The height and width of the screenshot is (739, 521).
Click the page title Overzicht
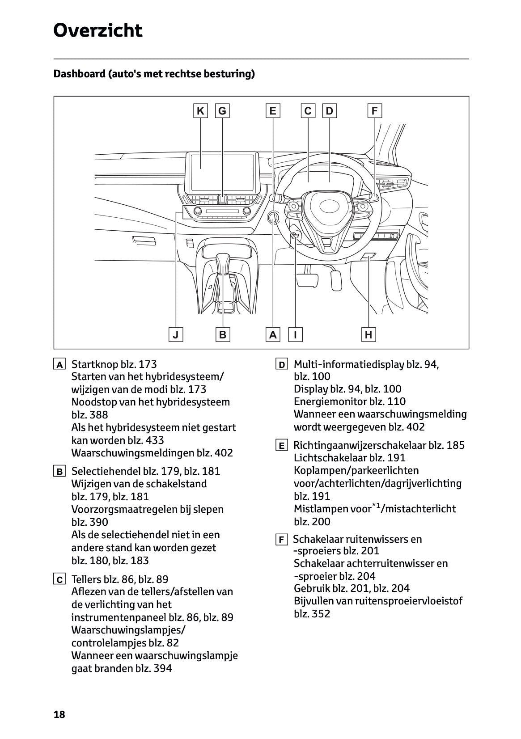pos(97,30)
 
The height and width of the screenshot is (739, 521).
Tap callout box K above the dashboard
pos(201,111)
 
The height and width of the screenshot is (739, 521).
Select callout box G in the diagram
pos(222,111)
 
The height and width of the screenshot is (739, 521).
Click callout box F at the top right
pos(375,111)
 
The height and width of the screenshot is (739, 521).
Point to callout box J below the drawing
pos(176,334)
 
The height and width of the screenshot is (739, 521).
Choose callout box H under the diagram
pos(369,334)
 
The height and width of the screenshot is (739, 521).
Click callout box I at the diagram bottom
pos(296,334)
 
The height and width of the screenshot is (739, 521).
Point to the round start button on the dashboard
pos(273,218)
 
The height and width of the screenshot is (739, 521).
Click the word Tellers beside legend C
pos(86,579)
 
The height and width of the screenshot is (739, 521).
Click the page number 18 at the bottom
pos(59,714)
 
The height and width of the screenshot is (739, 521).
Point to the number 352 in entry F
pos(321,614)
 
